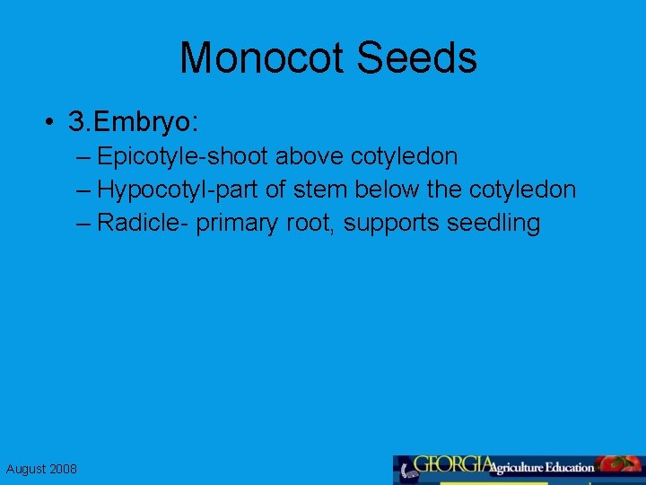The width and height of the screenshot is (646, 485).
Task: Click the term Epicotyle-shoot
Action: pos(182,157)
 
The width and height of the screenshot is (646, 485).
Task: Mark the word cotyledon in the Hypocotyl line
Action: pos(522,190)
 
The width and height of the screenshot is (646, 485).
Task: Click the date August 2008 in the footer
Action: pos(41,469)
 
